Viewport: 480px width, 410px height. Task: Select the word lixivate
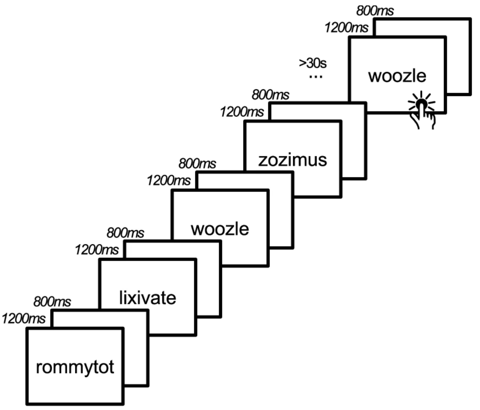point(148,298)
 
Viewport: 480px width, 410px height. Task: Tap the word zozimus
point(292,160)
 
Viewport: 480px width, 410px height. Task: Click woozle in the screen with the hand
point(397,76)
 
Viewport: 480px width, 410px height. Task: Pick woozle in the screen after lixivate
point(220,229)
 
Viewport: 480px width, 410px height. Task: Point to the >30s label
point(313,63)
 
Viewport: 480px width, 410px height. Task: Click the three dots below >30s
point(315,77)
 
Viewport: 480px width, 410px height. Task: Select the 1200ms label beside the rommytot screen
point(24,319)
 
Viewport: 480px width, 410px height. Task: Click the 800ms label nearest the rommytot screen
point(52,302)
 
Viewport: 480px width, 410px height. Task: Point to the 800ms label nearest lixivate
point(125,233)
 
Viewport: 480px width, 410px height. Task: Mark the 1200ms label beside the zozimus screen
point(242,112)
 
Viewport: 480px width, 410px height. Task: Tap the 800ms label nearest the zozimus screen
point(270,95)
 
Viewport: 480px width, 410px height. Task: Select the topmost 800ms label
point(375,11)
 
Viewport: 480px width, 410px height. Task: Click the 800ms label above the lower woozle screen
point(197,164)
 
